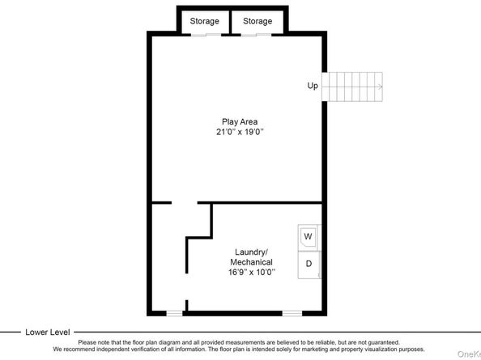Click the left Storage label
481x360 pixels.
[204, 21]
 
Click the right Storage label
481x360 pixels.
[258, 21]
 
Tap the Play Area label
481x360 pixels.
[240, 121]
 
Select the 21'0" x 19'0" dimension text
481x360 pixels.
[240, 132]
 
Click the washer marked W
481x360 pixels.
[309, 236]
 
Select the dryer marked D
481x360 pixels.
[309, 265]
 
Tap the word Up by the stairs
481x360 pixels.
[312, 85]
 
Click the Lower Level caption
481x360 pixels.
[48, 332]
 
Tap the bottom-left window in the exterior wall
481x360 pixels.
[174, 312]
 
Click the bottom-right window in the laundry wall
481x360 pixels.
[292, 312]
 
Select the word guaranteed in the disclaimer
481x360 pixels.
[380, 342]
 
